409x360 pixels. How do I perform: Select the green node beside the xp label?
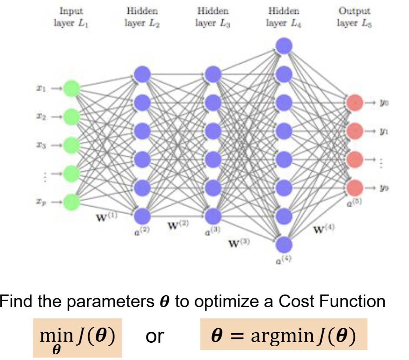[x=71, y=201]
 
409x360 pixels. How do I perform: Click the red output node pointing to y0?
[x=354, y=102]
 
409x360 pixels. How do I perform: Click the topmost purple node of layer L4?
[x=284, y=45]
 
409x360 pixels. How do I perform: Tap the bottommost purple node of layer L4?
[x=284, y=244]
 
